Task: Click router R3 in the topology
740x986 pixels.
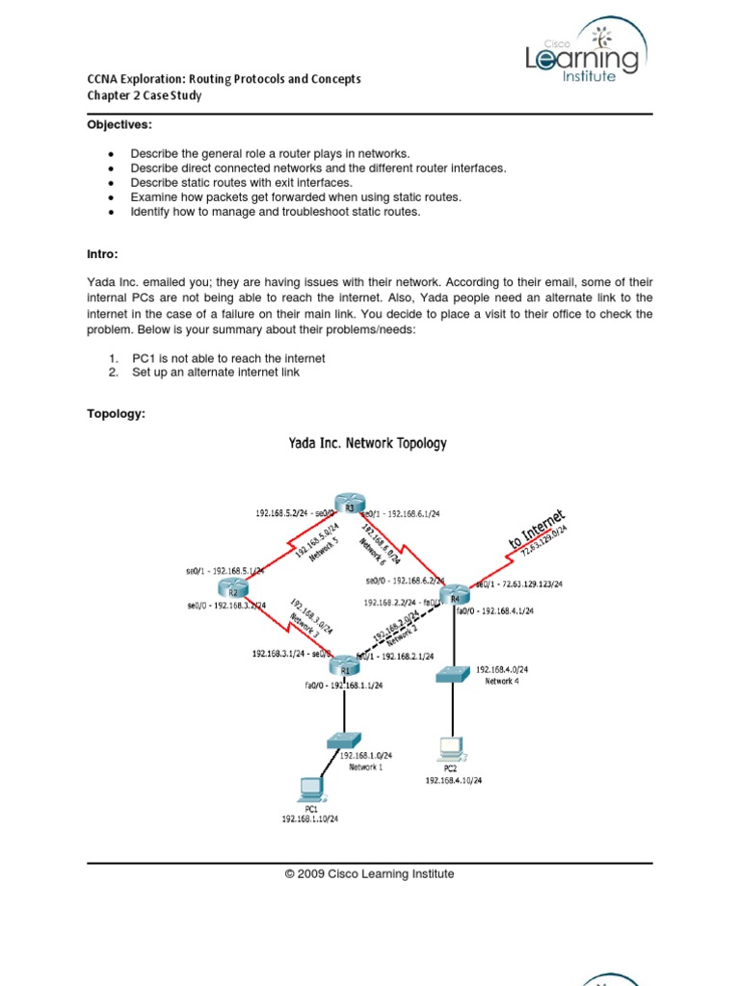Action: coord(350,507)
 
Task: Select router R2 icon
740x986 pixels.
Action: coord(232,589)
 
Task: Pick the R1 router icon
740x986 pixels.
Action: coord(341,666)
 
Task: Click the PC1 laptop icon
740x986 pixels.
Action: coord(311,790)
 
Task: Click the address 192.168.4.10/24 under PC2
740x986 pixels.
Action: coord(454,781)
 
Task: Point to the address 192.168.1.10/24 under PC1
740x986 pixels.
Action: coord(309,818)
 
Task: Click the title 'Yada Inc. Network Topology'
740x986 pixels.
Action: coord(368,444)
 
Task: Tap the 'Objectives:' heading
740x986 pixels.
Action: coord(120,125)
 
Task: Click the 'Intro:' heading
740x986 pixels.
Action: coord(103,254)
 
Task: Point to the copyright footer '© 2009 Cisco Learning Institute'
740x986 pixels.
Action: coord(369,874)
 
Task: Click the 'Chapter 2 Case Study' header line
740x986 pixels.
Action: coord(145,96)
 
